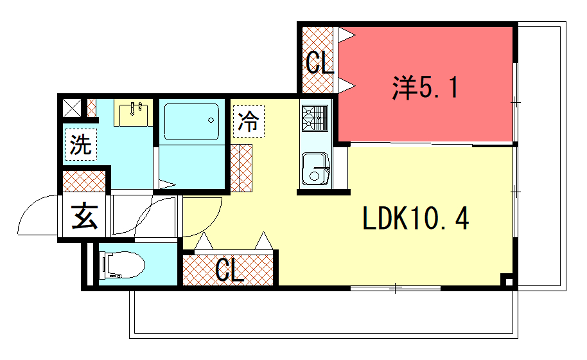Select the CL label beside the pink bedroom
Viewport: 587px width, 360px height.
(319, 64)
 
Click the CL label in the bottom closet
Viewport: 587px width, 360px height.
(229, 269)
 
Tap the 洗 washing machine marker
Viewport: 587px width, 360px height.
(80, 144)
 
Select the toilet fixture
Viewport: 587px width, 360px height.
(123, 266)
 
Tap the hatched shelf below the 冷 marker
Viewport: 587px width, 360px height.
(244, 164)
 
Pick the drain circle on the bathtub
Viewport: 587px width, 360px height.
(212, 124)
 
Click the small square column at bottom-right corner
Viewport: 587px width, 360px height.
(508, 281)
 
